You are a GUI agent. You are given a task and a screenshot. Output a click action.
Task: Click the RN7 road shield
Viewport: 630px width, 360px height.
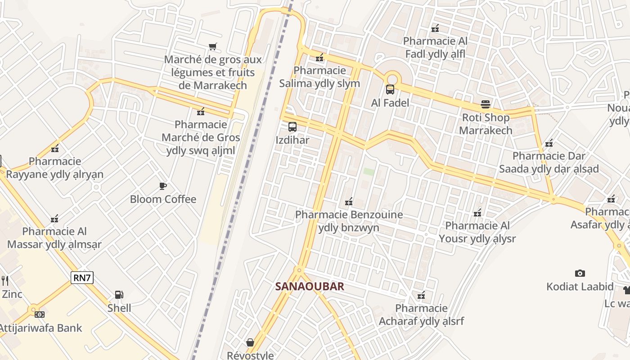[x=82, y=278]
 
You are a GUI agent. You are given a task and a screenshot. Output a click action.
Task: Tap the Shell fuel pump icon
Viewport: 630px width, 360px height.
[x=119, y=295]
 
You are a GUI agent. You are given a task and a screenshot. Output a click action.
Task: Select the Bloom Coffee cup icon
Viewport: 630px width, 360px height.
[x=163, y=186]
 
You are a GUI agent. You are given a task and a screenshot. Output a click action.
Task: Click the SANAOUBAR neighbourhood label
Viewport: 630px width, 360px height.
[x=310, y=286]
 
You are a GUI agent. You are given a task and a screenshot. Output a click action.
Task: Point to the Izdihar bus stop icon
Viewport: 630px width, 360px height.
[x=292, y=127]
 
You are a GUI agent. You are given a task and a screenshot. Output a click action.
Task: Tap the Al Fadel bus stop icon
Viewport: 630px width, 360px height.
[x=390, y=90]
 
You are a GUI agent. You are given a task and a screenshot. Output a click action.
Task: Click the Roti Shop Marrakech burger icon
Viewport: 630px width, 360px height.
[x=486, y=104]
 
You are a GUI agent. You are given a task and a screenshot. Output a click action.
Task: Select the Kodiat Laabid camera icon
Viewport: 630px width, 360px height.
[x=580, y=273]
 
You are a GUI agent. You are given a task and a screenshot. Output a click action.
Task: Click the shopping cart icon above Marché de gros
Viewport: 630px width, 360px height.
[x=213, y=46]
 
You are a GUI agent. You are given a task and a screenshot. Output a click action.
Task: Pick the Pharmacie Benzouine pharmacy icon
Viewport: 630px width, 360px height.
[x=349, y=202]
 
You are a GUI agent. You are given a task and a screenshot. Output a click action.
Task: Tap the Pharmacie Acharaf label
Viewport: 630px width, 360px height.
[x=421, y=315]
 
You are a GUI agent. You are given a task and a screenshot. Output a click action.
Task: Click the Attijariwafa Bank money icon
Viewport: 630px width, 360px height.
[x=40, y=315]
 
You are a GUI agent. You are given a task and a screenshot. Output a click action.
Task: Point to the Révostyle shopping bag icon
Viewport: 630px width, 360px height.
[x=250, y=342]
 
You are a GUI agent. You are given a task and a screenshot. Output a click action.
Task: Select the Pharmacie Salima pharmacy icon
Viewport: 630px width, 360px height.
[x=319, y=58]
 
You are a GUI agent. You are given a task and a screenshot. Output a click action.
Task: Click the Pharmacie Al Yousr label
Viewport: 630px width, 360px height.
[x=477, y=232]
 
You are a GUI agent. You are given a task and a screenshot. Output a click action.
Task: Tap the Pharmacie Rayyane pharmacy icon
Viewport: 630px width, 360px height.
[x=55, y=148]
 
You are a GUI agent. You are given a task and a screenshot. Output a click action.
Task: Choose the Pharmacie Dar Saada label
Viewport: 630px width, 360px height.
[x=549, y=162]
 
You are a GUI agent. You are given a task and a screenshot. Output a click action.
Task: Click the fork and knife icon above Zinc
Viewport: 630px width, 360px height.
[x=5, y=281]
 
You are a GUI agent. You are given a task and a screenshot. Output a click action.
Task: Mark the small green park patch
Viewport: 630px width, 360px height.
[x=369, y=171]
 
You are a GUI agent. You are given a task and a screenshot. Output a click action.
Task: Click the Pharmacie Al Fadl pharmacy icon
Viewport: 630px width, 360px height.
[x=435, y=28]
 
